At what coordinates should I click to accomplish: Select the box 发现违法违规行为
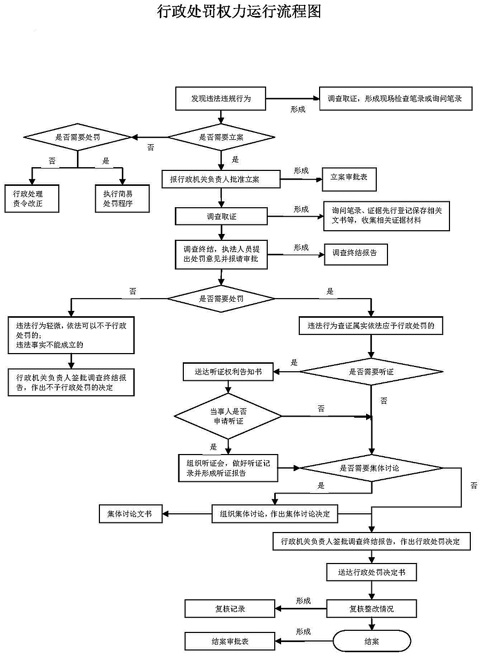221,99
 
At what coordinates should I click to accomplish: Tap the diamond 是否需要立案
221,137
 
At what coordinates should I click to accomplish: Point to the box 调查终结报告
355,253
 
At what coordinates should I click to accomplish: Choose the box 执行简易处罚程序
122,198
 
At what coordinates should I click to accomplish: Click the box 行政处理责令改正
32,198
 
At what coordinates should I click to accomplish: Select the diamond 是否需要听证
371,372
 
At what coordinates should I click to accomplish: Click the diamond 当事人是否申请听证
228,416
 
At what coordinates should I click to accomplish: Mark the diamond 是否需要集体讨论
371,468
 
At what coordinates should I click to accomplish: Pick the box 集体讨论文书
130,514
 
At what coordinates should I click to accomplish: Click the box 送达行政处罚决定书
371,572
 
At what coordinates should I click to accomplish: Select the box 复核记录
230,608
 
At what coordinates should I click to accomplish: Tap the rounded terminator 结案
372,642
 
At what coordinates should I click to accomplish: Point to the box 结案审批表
230,642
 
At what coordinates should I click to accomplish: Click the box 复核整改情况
371,608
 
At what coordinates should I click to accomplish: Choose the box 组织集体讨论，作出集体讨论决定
275,514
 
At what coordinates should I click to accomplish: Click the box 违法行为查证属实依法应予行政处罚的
371,325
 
